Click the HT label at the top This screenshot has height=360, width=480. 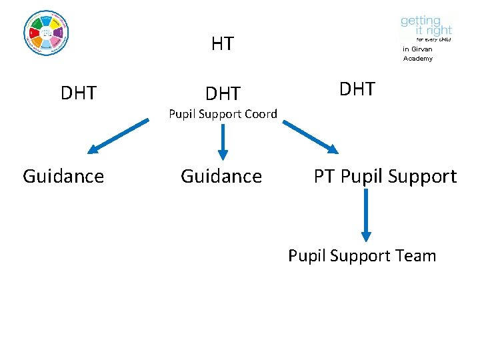tap(222, 45)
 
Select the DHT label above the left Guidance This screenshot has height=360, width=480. tap(79, 93)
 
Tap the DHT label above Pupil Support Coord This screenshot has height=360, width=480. tap(223, 93)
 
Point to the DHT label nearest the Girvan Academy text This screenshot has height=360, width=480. tap(357, 89)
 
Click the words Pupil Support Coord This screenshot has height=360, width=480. tap(223, 114)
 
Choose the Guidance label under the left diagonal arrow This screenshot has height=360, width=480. tap(63, 176)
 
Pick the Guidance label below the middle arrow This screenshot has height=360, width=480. tap(221, 176)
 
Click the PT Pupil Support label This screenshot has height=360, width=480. tap(385, 176)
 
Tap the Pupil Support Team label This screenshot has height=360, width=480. tap(362, 256)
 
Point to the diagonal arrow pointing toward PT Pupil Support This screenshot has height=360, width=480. tap(311, 136)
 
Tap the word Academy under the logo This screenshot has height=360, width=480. tap(418, 59)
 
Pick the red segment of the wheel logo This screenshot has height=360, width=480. tap(33, 32)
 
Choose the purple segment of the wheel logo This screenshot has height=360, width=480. tap(59, 32)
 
